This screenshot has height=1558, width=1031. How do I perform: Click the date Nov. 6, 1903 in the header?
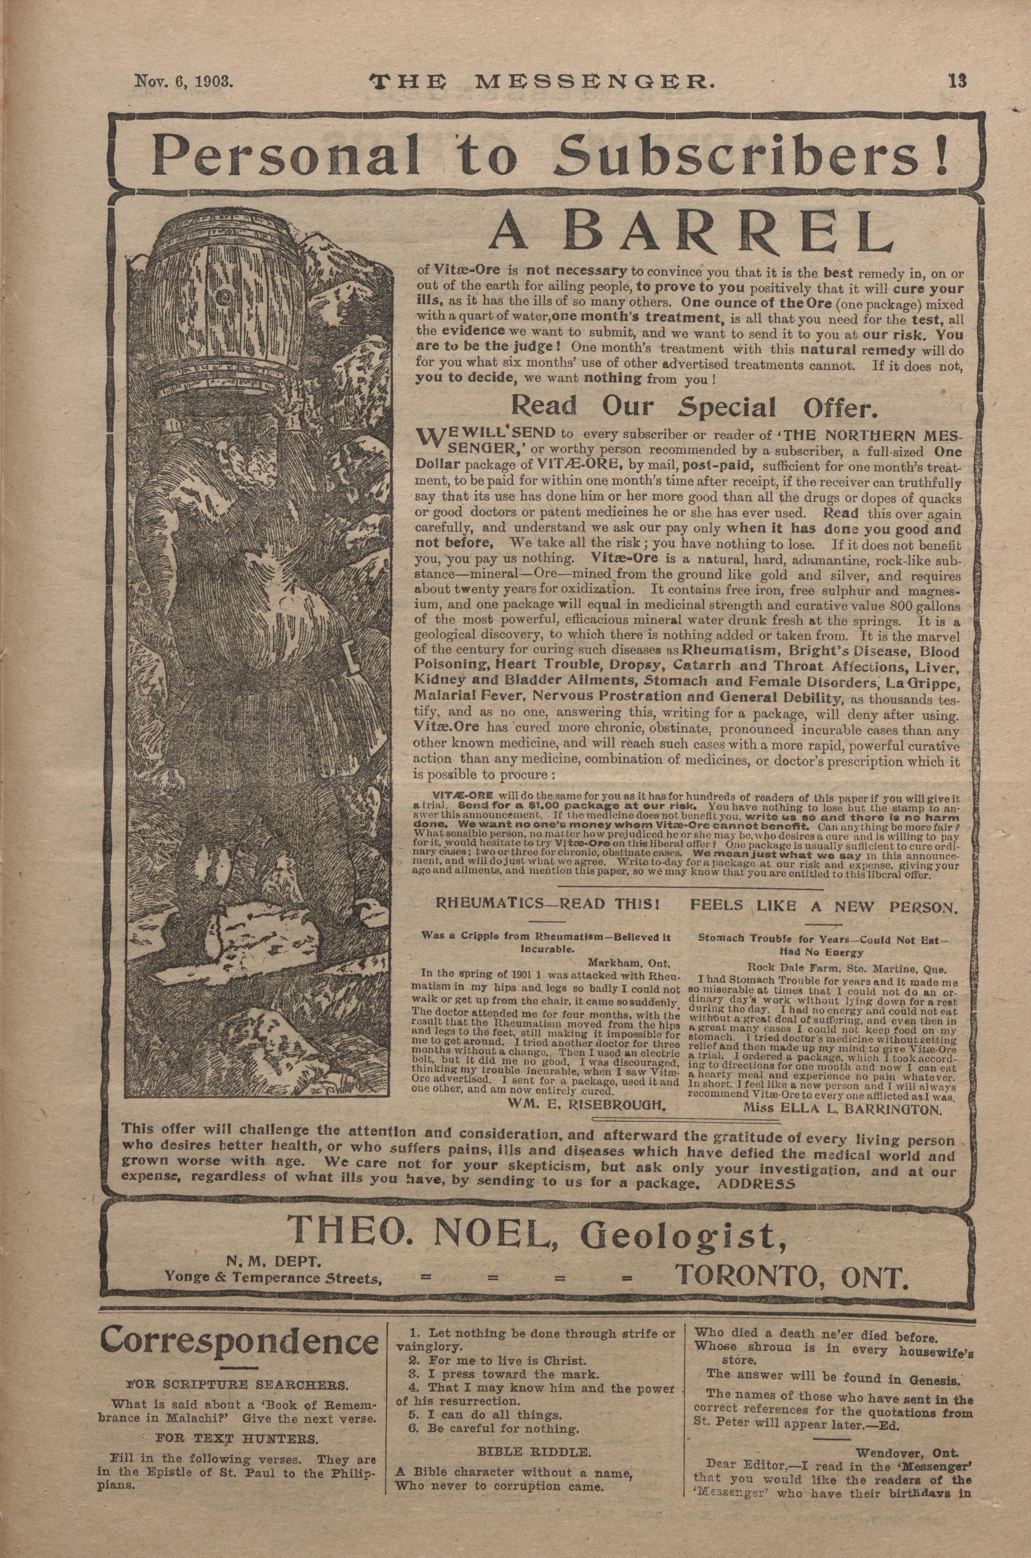coord(184,81)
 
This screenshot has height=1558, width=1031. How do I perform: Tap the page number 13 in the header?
coord(957,81)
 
